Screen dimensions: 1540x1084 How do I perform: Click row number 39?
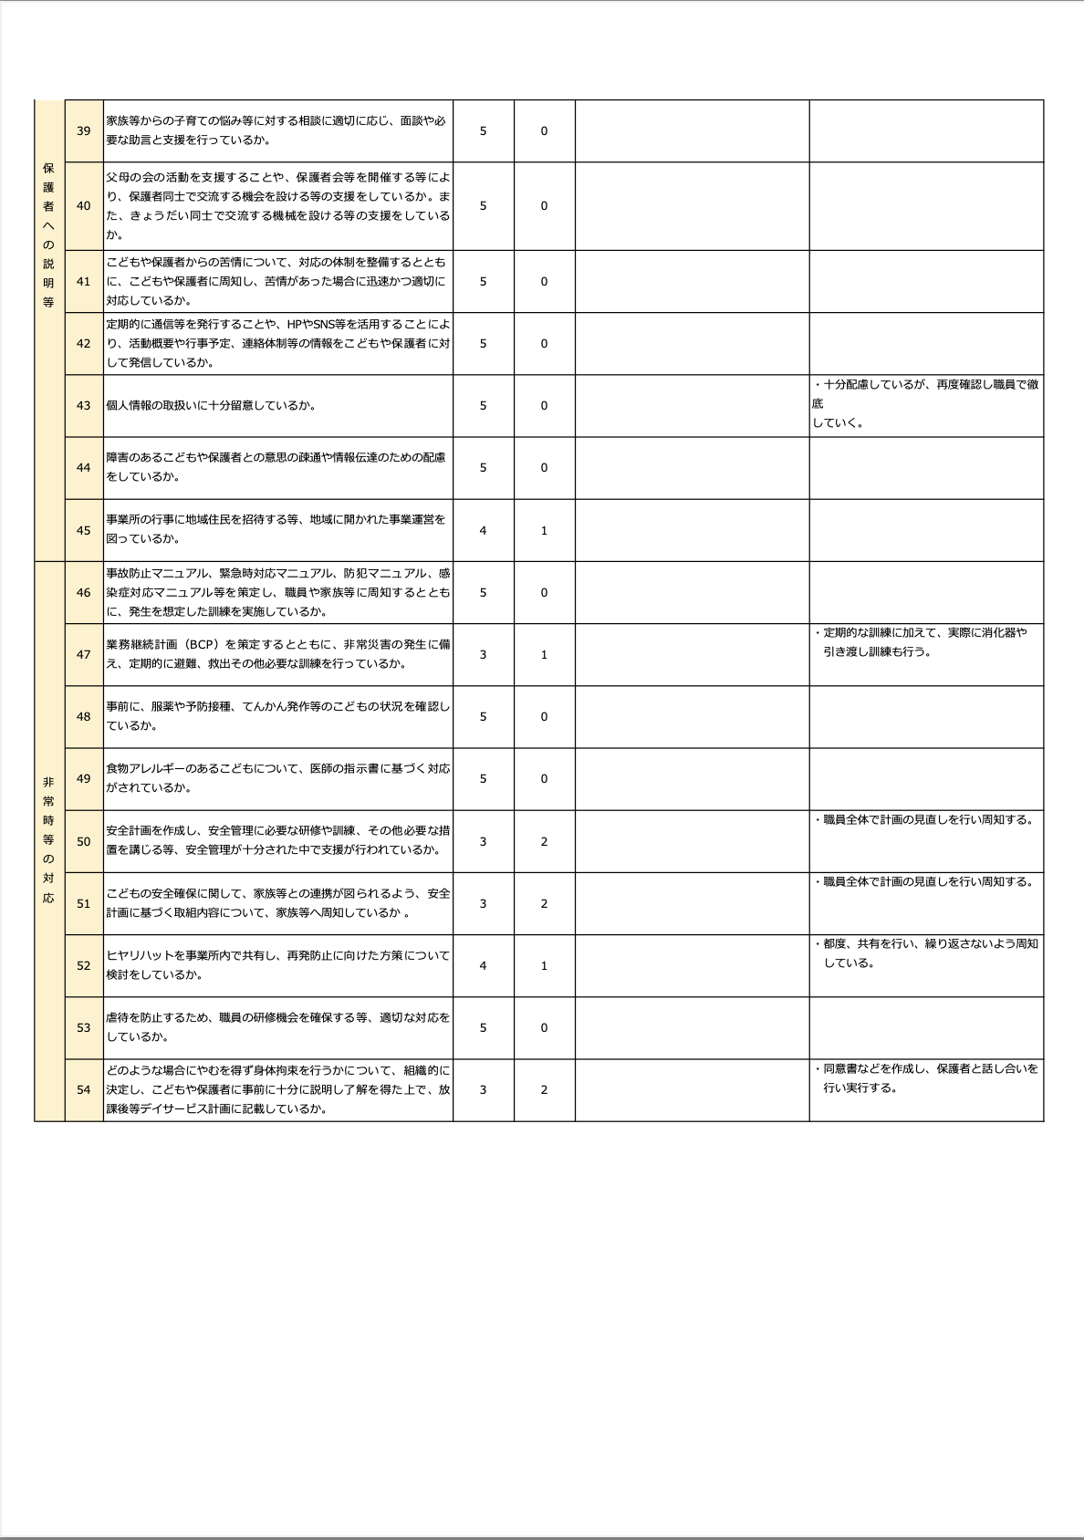click(x=84, y=131)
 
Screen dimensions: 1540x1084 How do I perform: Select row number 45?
click(x=84, y=531)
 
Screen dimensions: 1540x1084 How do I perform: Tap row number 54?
click(x=84, y=1090)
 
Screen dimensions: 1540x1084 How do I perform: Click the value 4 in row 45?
click(x=483, y=531)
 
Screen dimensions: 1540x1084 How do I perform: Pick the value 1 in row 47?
click(x=544, y=655)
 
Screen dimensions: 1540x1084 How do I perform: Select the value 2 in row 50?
click(x=544, y=842)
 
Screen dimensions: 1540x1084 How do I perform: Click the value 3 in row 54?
click(x=483, y=1090)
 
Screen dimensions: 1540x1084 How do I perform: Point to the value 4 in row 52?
click(x=483, y=966)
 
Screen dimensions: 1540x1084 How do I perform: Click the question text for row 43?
click(x=211, y=406)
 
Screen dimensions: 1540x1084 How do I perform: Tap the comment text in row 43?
click(x=924, y=404)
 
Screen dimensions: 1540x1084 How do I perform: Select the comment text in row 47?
click(x=920, y=642)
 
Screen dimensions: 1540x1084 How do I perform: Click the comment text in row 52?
click(x=925, y=953)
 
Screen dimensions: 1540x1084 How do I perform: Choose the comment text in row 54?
click(x=925, y=1078)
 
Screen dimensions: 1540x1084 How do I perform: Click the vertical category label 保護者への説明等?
click(x=49, y=235)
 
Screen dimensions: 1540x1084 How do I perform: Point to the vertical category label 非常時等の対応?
click(x=49, y=839)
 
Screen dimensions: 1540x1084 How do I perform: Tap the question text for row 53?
click(x=277, y=1027)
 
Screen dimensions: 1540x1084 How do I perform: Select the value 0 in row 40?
click(x=544, y=206)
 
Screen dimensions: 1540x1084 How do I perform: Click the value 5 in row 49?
click(x=483, y=779)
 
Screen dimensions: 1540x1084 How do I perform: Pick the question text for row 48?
click(x=277, y=716)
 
